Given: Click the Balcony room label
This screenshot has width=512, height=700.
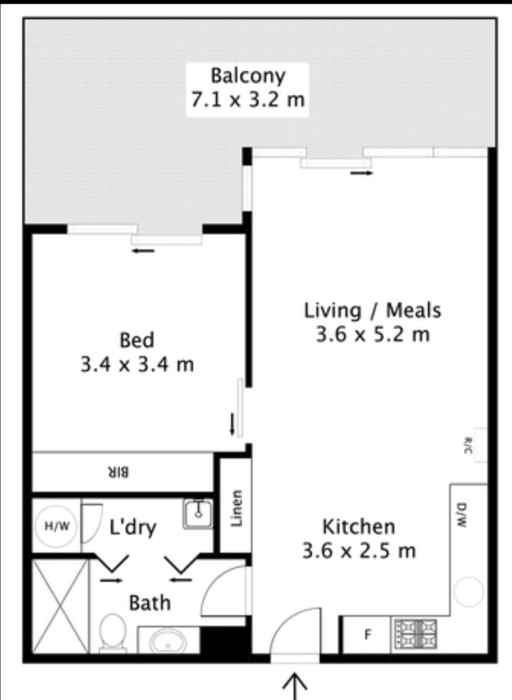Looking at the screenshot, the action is pos(248,76).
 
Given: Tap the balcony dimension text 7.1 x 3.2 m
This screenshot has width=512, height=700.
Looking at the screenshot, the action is pos(248,100).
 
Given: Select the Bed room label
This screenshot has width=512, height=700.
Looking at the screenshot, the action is pos(137,340).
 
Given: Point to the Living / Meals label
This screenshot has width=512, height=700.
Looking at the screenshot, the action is pos(373,311).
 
